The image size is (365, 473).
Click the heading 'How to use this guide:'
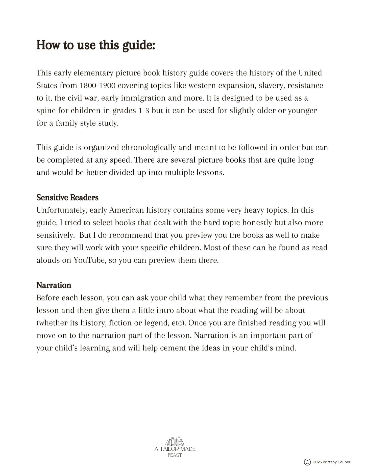click(x=95, y=45)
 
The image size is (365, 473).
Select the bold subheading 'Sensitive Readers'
click(x=67, y=197)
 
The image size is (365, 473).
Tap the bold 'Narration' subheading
click(x=54, y=285)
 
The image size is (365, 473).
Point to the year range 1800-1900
click(x=98, y=85)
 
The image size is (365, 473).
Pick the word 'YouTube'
click(x=89, y=260)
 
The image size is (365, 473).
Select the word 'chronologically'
click(x=149, y=147)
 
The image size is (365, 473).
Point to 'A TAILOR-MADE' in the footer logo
click(x=175, y=449)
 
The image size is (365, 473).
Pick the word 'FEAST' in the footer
click(x=175, y=455)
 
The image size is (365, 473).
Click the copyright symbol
click(x=307, y=462)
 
